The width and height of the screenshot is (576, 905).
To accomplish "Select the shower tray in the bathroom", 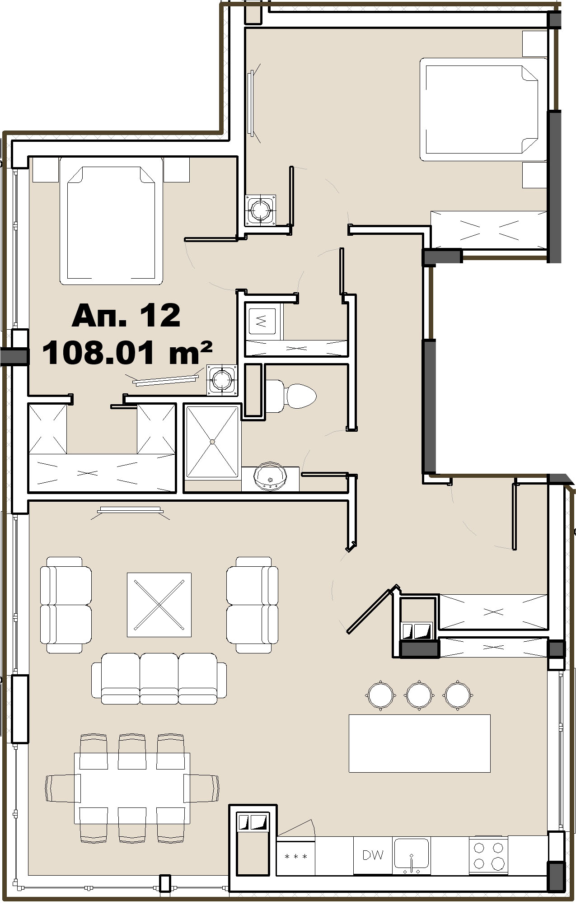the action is pos(212,441).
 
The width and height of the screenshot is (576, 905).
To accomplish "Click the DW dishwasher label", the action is pos(373,854).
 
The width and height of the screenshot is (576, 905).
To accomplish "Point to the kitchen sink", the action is pos(411,854).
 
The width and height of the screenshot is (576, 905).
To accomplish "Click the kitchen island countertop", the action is pos(420,743).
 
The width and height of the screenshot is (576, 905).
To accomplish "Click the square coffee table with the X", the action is pos(159,605).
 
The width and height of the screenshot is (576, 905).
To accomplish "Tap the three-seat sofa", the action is pos(159,678).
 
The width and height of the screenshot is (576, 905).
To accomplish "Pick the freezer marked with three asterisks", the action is pos(295,856).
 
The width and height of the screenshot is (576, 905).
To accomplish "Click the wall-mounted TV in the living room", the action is pos(131,509).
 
